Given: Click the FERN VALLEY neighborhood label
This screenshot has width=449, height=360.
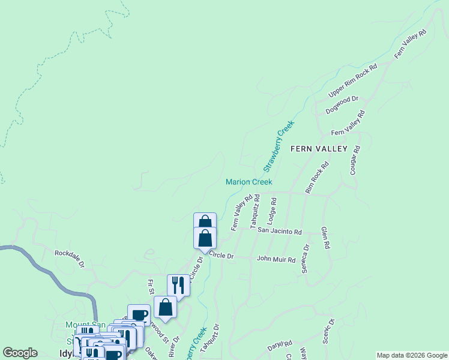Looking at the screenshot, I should [x=319, y=148].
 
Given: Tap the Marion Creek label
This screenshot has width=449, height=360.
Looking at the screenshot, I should [x=249, y=182].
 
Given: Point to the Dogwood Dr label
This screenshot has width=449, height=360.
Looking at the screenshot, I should [x=342, y=105].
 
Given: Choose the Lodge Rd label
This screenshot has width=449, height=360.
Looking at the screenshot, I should [x=271, y=212].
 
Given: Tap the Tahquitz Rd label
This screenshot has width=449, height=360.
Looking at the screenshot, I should [x=255, y=210].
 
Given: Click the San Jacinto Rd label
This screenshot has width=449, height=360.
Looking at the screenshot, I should [x=279, y=230].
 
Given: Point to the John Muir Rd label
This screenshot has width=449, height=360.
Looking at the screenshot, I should [x=276, y=260].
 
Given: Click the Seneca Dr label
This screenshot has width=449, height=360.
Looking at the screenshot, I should [x=306, y=259].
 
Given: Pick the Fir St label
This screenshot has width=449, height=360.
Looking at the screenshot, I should [x=151, y=287].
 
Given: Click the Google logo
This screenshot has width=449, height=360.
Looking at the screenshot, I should [x=20, y=353].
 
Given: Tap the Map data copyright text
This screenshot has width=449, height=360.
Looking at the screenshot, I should [x=411, y=355].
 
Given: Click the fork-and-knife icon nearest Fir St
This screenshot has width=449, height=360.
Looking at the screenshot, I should [x=178, y=284].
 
